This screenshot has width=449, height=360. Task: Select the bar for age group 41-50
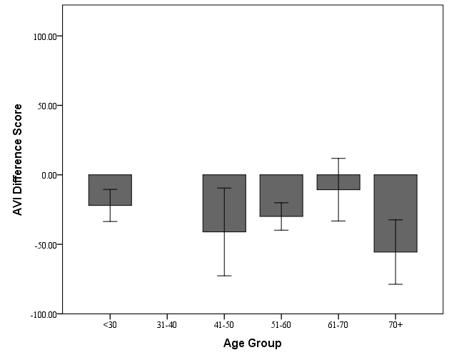224,203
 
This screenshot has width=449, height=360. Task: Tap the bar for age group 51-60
281,195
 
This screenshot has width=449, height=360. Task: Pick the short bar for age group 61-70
338,182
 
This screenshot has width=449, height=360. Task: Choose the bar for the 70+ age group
395,213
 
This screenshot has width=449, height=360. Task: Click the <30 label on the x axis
110,324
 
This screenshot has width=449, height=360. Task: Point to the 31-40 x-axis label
167,324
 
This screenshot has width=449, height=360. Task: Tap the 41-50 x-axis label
224,324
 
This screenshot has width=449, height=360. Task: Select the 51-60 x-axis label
281,324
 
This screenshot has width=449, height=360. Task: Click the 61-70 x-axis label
338,324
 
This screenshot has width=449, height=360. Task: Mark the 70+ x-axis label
395,324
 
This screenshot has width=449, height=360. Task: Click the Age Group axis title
253,344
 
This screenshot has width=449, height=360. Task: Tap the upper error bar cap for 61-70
338,158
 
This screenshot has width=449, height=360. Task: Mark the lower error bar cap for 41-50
224,276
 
